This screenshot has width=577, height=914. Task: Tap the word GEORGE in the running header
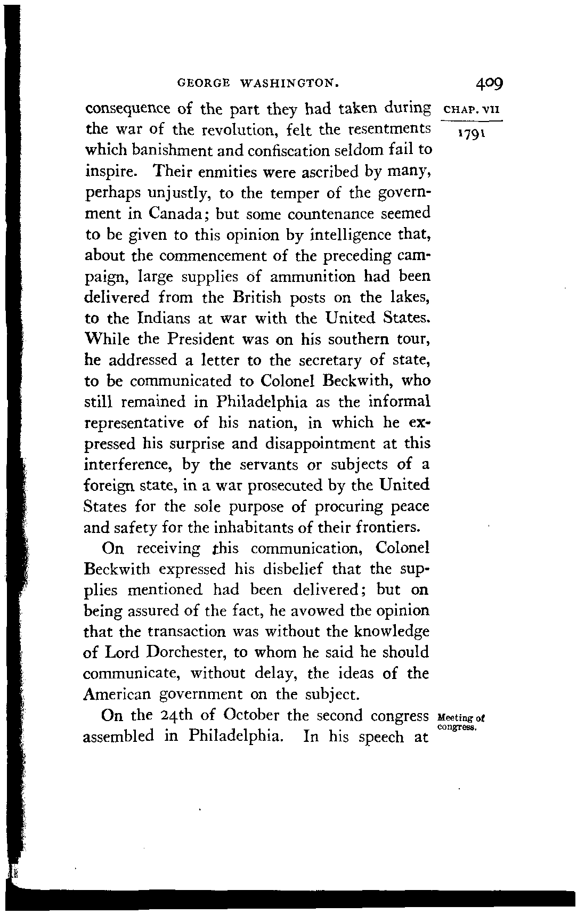[203, 84]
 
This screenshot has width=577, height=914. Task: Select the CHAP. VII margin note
[470, 111]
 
